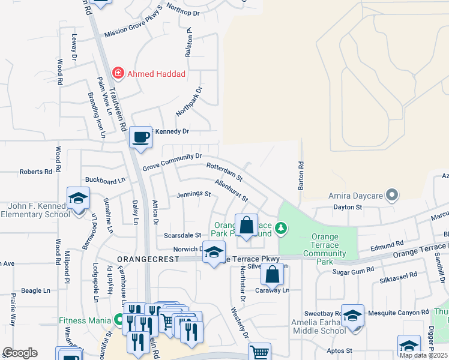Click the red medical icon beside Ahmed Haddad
coord(118,74)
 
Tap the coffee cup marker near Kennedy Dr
coord(140,137)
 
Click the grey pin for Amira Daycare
coord(392,195)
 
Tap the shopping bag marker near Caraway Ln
coord(272,274)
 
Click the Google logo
coord(20,353)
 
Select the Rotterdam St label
coord(224,172)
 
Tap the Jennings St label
coord(193,194)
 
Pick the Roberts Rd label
coord(35,172)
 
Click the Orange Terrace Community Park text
coord(324,245)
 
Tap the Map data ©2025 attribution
coord(423,355)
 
